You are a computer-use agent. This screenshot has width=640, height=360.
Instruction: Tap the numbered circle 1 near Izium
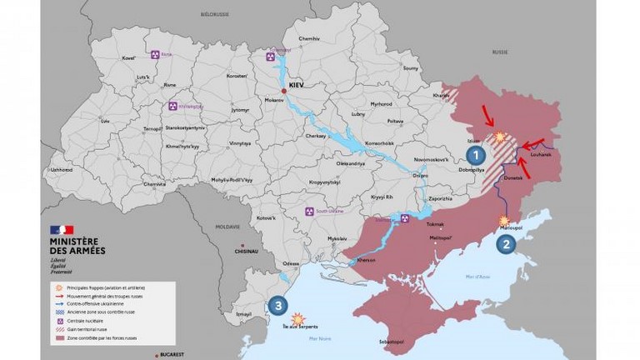coord(475,154)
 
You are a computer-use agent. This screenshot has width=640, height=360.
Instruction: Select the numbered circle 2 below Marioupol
coord(504,244)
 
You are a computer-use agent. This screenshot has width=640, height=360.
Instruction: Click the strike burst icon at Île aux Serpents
coord(298,317)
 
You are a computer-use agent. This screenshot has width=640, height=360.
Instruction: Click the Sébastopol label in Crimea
coord(392,342)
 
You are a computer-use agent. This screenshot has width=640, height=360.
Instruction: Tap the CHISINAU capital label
coord(247,250)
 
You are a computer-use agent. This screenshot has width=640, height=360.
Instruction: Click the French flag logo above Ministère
coord(62,229)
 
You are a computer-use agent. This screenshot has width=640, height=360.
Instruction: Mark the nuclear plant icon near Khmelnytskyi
coord(173,107)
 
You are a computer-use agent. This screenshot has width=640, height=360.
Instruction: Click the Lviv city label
coord(104,121)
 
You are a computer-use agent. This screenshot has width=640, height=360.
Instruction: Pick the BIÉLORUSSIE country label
coord(214,15)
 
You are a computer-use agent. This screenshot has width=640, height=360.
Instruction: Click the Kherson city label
coord(367,260)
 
